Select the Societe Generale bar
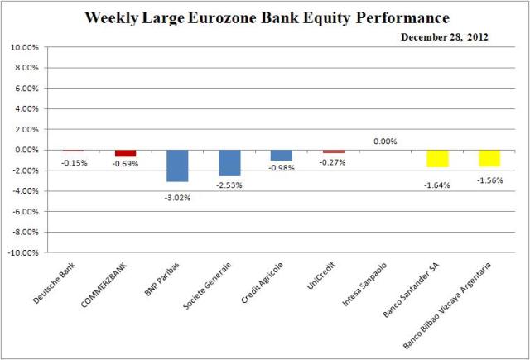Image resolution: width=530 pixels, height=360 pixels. (x=229, y=163)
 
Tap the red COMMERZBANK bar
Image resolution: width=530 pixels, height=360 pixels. (x=125, y=153)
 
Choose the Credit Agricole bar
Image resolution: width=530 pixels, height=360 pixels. (x=281, y=155)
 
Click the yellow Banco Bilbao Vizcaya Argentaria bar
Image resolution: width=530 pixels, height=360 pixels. (x=489, y=158)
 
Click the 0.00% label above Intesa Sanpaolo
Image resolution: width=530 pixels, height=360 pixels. (x=385, y=142)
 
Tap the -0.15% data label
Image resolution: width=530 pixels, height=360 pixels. (x=74, y=162)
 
